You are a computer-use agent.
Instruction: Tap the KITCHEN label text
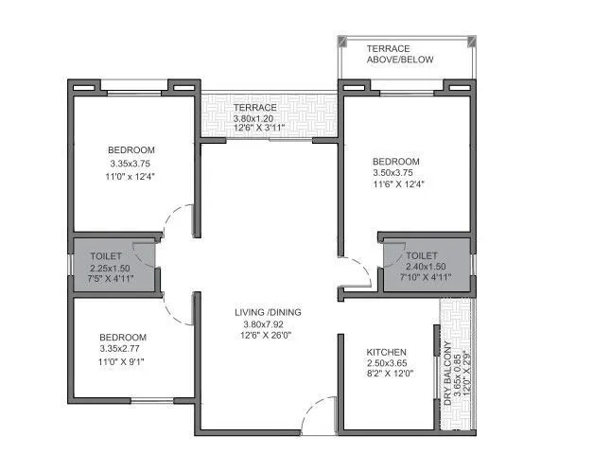(386, 352)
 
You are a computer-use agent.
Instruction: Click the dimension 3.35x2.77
(123, 349)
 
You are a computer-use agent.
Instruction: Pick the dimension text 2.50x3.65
(387, 363)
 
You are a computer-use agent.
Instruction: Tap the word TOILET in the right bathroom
(421, 255)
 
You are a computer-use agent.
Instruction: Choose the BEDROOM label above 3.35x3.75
(131, 150)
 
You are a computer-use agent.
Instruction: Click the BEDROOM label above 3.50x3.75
(395, 162)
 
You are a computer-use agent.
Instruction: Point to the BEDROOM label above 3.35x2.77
(123, 337)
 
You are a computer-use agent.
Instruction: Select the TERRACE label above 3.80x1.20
(255, 108)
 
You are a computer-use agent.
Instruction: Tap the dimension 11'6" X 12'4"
(398, 184)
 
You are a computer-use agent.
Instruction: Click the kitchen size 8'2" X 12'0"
(387, 375)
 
